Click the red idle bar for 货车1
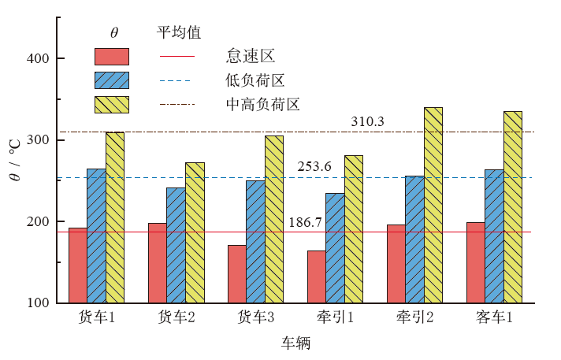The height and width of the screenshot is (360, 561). point(78,265)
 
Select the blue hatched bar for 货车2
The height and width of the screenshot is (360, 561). point(176,245)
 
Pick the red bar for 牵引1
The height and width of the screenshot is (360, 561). point(316,276)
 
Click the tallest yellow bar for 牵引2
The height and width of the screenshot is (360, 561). point(433,205)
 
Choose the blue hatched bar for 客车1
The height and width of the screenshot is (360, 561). point(494,236)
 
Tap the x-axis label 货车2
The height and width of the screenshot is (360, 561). point(176,317)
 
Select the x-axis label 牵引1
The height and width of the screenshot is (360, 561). point(335,317)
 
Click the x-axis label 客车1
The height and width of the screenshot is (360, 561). point(494,317)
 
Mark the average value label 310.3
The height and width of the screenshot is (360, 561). point(367,122)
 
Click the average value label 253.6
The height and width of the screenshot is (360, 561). point(314,167)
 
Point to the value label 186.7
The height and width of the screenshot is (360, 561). point(305,223)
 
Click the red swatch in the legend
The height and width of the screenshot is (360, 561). point(111,57)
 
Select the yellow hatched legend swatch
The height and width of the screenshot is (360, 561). point(111,104)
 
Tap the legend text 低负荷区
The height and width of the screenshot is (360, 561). point(254,80)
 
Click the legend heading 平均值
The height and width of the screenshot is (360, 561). point(178,32)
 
